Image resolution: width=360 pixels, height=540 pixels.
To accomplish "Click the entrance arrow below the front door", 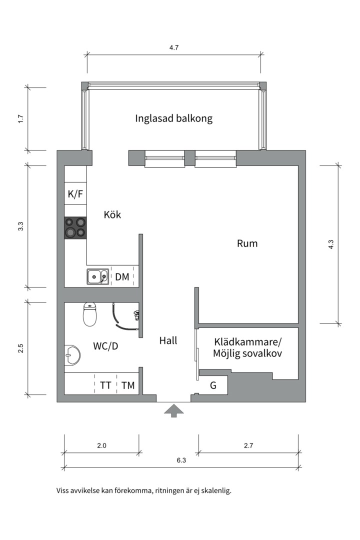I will (174, 410).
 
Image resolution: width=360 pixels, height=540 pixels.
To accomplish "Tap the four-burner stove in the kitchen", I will (75, 227).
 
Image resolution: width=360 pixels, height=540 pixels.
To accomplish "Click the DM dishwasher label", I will (122, 276).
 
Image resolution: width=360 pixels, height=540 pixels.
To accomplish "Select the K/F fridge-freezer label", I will (75, 194).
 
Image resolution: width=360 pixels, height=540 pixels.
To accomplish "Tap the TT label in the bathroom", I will (105, 385).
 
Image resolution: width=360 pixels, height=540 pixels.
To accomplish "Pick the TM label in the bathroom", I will (128, 385).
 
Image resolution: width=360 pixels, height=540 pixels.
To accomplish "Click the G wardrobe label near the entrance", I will (213, 385).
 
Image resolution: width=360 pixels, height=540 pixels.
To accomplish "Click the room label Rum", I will (247, 243).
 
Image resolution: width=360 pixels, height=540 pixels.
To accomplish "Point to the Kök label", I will (112, 215).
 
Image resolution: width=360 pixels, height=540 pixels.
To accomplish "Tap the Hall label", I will (168, 340).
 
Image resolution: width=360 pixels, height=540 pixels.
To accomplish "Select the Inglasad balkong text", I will (174, 118).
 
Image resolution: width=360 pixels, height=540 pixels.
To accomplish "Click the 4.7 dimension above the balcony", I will (174, 48).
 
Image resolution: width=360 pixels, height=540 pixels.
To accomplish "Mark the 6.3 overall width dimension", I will (181, 461).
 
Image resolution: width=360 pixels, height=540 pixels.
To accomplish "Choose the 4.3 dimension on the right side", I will (331, 244).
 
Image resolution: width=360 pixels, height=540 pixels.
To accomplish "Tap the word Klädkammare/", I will (248, 342).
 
